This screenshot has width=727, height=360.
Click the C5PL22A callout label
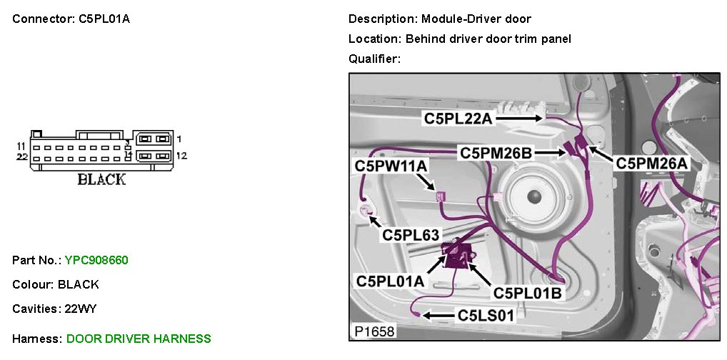point(458,119)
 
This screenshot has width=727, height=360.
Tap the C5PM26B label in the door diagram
point(496,153)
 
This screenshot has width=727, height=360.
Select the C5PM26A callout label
point(651,164)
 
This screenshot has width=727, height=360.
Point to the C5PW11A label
point(391,166)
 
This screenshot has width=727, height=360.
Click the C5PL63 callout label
point(411,234)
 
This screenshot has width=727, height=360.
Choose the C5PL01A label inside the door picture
point(390,281)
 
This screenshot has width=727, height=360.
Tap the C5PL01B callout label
point(527,291)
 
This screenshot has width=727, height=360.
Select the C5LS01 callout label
point(486,315)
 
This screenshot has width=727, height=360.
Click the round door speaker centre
point(532,195)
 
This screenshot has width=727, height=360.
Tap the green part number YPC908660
point(96,260)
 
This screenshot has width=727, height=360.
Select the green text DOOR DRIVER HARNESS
point(139,339)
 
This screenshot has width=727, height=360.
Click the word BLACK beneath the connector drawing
point(101,179)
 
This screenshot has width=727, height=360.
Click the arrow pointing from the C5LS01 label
point(436,315)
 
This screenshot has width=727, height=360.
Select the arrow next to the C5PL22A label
point(518,116)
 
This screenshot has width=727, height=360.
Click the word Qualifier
point(373,59)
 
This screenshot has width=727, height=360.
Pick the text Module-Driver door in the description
point(476,19)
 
